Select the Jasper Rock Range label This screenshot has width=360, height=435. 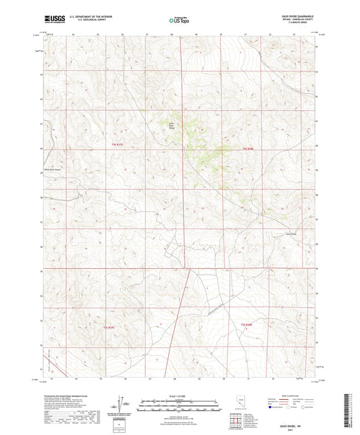(x=171, y=126)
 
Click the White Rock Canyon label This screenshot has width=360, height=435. (x=53, y=170)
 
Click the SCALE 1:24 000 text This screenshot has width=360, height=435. (x=178, y=398)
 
